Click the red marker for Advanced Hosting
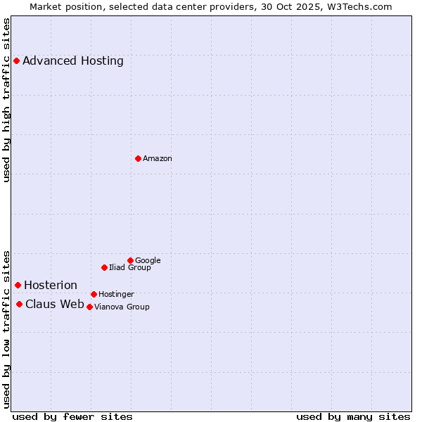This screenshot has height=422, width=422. (x=16, y=60)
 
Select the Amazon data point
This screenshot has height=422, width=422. (x=138, y=158)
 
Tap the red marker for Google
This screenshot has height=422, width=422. (x=130, y=260)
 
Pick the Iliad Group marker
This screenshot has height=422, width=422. (x=104, y=267)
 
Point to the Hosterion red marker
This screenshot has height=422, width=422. (x=18, y=285)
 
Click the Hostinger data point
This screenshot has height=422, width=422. (x=94, y=294)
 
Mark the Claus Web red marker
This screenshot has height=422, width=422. (x=19, y=304)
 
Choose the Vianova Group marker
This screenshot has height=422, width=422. (x=89, y=307)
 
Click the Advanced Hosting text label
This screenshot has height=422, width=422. (x=73, y=60)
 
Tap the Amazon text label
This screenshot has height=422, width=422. (x=158, y=158)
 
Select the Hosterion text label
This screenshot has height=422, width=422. (x=51, y=285)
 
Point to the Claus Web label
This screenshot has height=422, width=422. (x=55, y=304)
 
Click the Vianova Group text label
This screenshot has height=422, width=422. (x=122, y=307)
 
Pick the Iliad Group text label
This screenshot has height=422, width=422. (x=130, y=267)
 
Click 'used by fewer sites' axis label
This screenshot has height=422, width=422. (x=72, y=416)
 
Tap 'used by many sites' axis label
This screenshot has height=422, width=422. (x=353, y=416)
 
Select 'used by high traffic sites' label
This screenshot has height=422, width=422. (x=7, y=101)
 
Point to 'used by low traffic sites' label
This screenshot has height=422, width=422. (x=7, y=328)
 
